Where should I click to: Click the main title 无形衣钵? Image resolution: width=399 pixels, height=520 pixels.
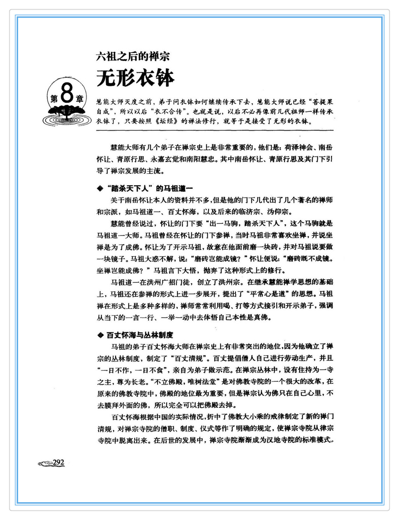click(135, 78)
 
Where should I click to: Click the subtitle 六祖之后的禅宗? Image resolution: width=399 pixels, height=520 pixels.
click(133, 56)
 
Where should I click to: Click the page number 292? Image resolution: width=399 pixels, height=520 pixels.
click(58, 462)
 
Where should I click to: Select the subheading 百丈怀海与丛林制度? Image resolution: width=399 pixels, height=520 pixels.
click(140, 335)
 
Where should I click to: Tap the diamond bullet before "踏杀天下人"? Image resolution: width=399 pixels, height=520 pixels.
click(100, 188)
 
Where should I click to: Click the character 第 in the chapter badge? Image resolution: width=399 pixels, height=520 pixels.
click(54, 99)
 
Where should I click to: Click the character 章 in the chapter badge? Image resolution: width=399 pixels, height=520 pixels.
click(80, 99)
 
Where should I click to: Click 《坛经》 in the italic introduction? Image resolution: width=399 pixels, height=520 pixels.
click(167, 121)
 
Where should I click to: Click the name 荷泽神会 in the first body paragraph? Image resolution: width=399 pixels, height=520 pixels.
click(299, 147)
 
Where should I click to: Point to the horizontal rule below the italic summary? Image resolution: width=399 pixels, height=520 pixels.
click(215, 130)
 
